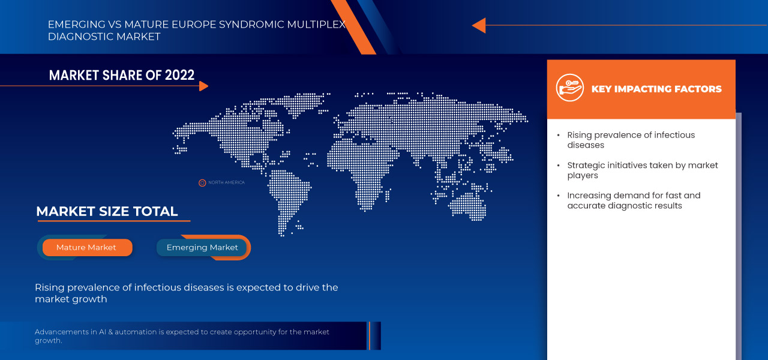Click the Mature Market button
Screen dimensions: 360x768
point(86,247)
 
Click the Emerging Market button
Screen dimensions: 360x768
point(202,247)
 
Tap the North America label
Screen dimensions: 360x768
point(226,182)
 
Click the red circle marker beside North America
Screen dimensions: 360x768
point(202,182)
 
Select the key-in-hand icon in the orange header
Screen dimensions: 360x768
point(569,88)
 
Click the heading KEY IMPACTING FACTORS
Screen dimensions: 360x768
point(656,89)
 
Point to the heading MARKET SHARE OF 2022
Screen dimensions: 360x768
point(122,75)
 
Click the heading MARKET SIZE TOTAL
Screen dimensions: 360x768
point(107,211)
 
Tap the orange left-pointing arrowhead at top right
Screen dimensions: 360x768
point(478,25)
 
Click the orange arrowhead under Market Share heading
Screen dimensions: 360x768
point(203,86)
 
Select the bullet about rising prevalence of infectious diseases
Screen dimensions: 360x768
point(631,140)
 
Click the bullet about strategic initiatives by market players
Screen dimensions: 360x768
point(642,170)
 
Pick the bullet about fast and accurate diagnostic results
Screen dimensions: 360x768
point(634,200)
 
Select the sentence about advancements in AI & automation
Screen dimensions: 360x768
point(182,336)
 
